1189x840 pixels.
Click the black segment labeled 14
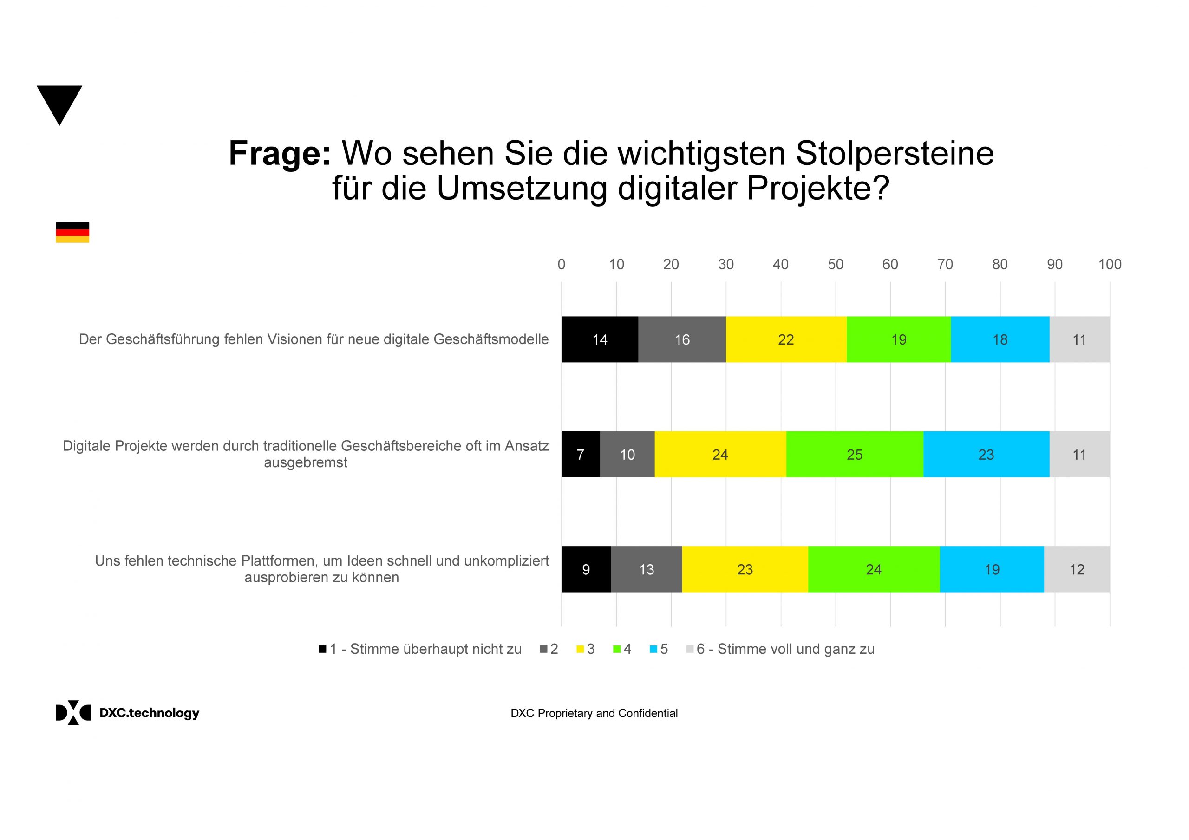tap(600, 339)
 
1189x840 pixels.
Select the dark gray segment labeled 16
tap(681, 339)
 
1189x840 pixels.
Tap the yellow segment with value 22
tap(785, 339)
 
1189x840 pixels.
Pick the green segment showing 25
tap(854, 454)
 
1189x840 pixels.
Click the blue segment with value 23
tap(986, 454)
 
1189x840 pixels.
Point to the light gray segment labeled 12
tap(1077, 569)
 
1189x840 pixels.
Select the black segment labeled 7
tap(581, 454)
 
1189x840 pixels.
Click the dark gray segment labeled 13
tap(646, 569)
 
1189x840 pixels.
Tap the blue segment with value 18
tap(1000, 339)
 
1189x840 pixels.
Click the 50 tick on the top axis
tap(835, 265)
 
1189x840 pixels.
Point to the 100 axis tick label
tap(1109, 265)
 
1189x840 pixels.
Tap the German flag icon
tap(72, 233)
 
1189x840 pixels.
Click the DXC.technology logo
tap(127, 713)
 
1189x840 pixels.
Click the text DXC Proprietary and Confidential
tap(594, 713)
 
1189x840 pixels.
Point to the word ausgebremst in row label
tap(306, 462)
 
